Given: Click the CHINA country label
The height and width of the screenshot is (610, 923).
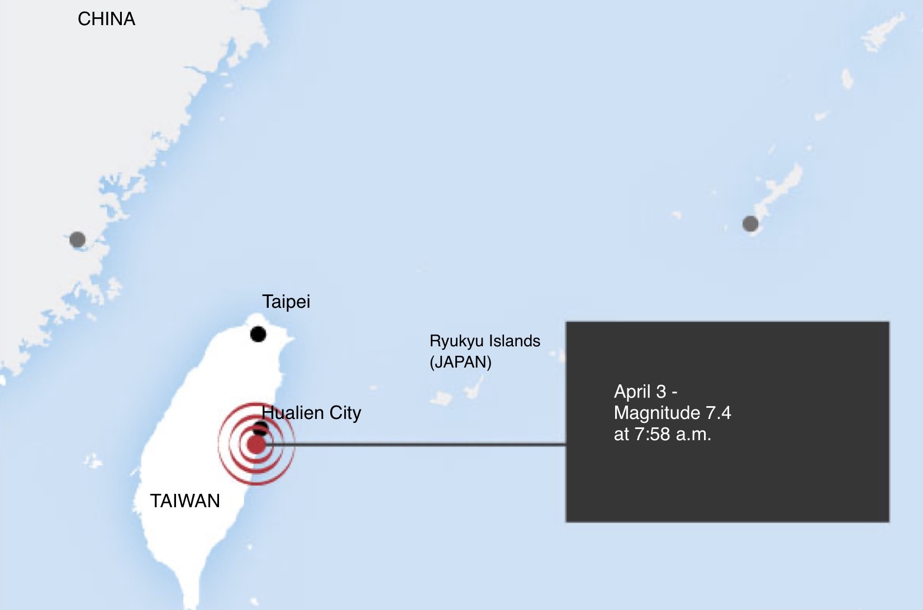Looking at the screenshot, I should tap(106, 19).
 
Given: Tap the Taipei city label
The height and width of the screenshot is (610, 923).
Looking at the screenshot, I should tap(286, 302).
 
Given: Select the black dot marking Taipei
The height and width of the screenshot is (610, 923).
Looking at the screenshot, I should tap(258, 334).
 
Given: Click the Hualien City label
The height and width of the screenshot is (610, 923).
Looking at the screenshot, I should tap(311, 413).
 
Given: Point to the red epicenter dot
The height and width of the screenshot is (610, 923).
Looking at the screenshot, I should tap(256, 445).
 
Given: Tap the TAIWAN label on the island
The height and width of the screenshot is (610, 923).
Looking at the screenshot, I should tap(185, 501).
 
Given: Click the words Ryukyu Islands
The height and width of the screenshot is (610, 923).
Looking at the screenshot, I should tap(484, 341).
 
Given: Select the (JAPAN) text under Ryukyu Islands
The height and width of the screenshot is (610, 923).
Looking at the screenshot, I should tap(460, 362).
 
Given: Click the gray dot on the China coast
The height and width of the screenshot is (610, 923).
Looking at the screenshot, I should tap(78, 240).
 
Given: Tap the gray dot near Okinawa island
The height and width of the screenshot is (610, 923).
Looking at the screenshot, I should tap(750, 224).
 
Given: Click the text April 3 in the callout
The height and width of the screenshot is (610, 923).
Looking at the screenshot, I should tap(640, 392).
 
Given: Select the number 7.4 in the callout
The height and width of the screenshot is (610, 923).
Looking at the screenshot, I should tap(718, 413).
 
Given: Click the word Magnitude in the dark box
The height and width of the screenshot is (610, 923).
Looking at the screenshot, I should tap(657, 413).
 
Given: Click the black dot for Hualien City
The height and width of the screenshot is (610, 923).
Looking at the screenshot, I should tap(261, 428).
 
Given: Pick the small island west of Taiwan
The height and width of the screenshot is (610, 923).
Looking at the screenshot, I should tap(93, 461).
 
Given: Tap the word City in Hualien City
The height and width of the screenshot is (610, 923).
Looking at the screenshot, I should tap(345, 413).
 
